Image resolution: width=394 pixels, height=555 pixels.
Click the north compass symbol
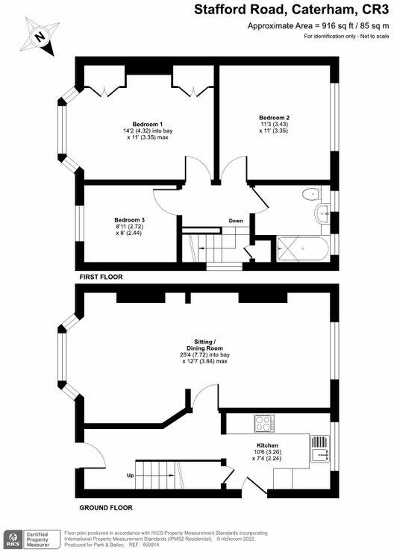(40, 37)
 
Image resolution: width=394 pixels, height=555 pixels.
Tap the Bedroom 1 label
(148, 125)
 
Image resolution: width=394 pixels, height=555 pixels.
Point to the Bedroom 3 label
(129, 220)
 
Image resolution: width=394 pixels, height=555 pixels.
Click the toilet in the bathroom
(311, 194)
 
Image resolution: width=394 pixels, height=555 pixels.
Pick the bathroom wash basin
(322, 214)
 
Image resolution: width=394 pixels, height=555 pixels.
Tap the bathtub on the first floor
(303, 249)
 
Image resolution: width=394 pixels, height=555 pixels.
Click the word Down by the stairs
(236, 221)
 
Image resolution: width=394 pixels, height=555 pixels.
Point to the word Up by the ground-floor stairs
(131, 476)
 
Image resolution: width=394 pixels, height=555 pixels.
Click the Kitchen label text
(267, 445)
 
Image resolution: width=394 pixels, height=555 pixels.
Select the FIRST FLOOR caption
(101, 277)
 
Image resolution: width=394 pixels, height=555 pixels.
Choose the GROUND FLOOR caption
(106, 507)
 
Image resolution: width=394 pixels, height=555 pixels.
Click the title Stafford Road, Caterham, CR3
(291, 10)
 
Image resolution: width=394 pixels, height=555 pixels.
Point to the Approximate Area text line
(318, 26)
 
